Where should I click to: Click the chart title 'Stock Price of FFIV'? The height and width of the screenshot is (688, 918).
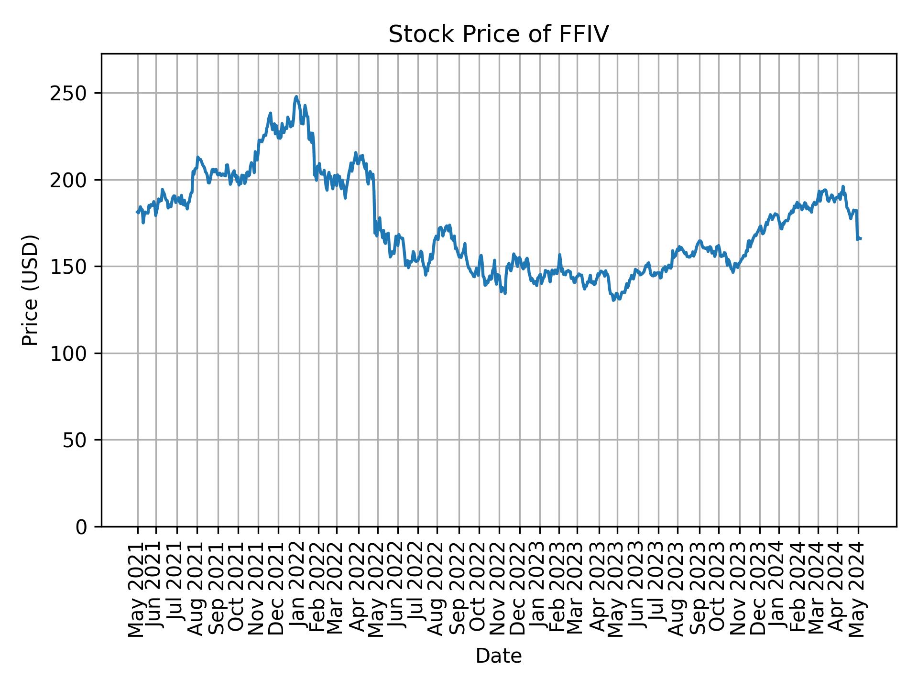coord(498,35)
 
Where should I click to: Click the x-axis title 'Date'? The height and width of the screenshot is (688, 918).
coord(498,656)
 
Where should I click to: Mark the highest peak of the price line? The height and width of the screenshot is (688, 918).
coord(296,97)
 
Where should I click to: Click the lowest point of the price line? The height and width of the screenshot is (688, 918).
coord(613,301)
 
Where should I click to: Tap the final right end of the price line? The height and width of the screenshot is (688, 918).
coord(861,238)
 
